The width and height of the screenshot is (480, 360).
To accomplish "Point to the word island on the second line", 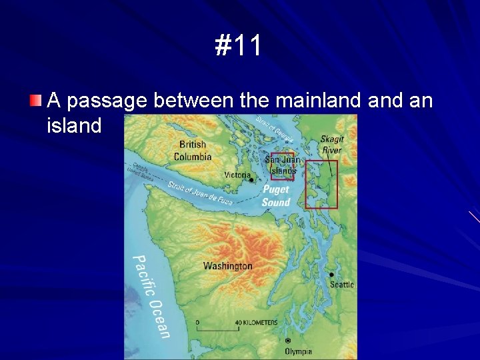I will click(74, 125).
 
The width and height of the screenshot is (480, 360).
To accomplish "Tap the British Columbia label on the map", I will click(192, 151).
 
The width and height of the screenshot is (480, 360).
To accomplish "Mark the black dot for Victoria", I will click(251, 179).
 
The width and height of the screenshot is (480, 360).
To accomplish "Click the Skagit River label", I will click(331, 145).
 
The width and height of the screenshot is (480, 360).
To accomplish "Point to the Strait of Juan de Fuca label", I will click(200, 193).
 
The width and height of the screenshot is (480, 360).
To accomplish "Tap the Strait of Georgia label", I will click(275, 129).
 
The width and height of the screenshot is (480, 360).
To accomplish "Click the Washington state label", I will click(228, 266).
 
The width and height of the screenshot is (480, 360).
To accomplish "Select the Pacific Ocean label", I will click(152, 296).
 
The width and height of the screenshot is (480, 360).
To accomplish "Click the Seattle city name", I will click(342, 285).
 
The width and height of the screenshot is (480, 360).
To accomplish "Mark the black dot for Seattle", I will click(331, 274).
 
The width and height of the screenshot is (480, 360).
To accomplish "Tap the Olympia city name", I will click(298, 351).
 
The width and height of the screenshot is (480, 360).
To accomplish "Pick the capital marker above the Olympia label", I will click(288, 341).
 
